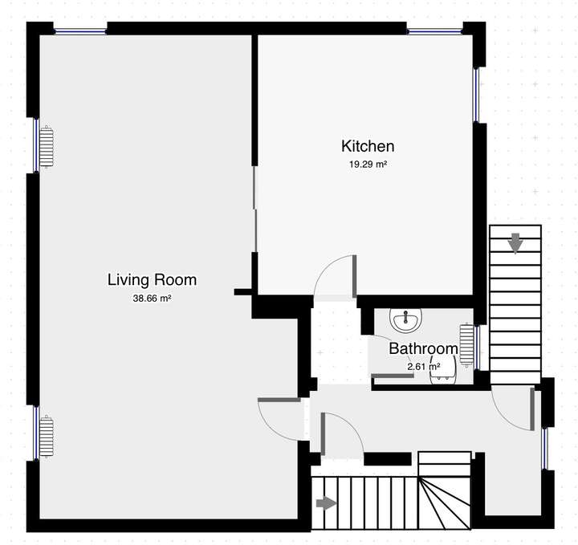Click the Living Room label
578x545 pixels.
click(x=152, y=280)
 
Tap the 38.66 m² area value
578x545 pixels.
click(x=152, y=298)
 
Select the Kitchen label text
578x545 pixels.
click(x=368, y=146)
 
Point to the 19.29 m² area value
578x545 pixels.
click(x=368, y=164)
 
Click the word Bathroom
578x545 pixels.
click(x=423, y=349)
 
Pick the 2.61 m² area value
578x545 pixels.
click(x=423, y=367)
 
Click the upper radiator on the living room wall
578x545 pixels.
click(x=47, y=147)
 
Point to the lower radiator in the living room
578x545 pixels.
click(x=47, y=437)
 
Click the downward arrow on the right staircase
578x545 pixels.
click(x=515, y=241)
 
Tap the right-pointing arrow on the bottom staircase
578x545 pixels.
click(x=326, y=503)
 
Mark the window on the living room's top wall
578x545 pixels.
click(x=80, y=31)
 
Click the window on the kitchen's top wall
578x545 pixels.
click(x=434, y=31)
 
